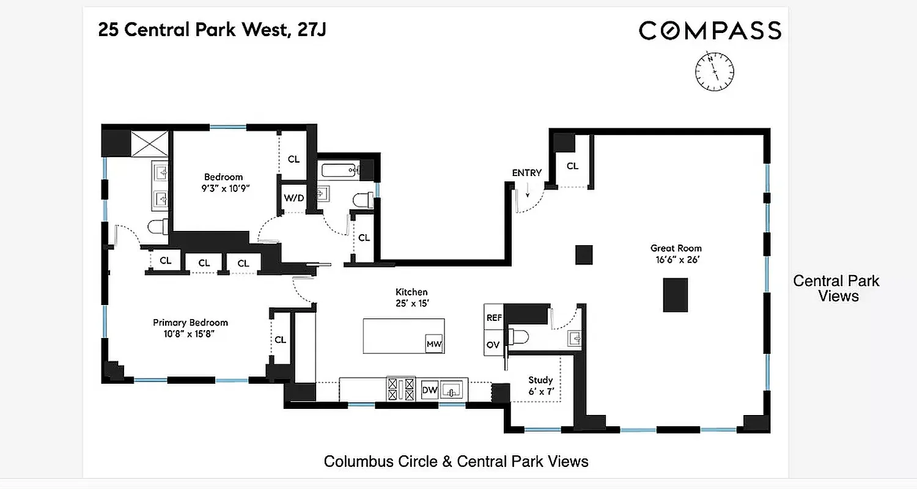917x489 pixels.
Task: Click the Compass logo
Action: pos(710,30)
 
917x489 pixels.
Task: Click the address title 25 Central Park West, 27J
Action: pos(212,30)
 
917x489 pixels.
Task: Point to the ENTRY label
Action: pos(526,173)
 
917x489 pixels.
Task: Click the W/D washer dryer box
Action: pos(292,198)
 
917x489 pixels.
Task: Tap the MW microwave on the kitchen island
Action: pos(433,344)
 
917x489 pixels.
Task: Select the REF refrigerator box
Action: pos(493,318)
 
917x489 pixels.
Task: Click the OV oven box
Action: pos(493,345)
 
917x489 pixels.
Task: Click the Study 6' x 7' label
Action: pos(540,385)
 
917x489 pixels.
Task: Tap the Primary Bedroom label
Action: pos(190,328)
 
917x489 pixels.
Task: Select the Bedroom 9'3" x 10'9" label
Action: pos(223,182)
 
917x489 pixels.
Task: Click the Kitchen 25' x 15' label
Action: pos(411,297)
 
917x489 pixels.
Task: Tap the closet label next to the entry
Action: pos(572,166)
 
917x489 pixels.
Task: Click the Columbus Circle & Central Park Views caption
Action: pos(455,461)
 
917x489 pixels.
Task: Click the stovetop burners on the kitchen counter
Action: pos(400,389)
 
